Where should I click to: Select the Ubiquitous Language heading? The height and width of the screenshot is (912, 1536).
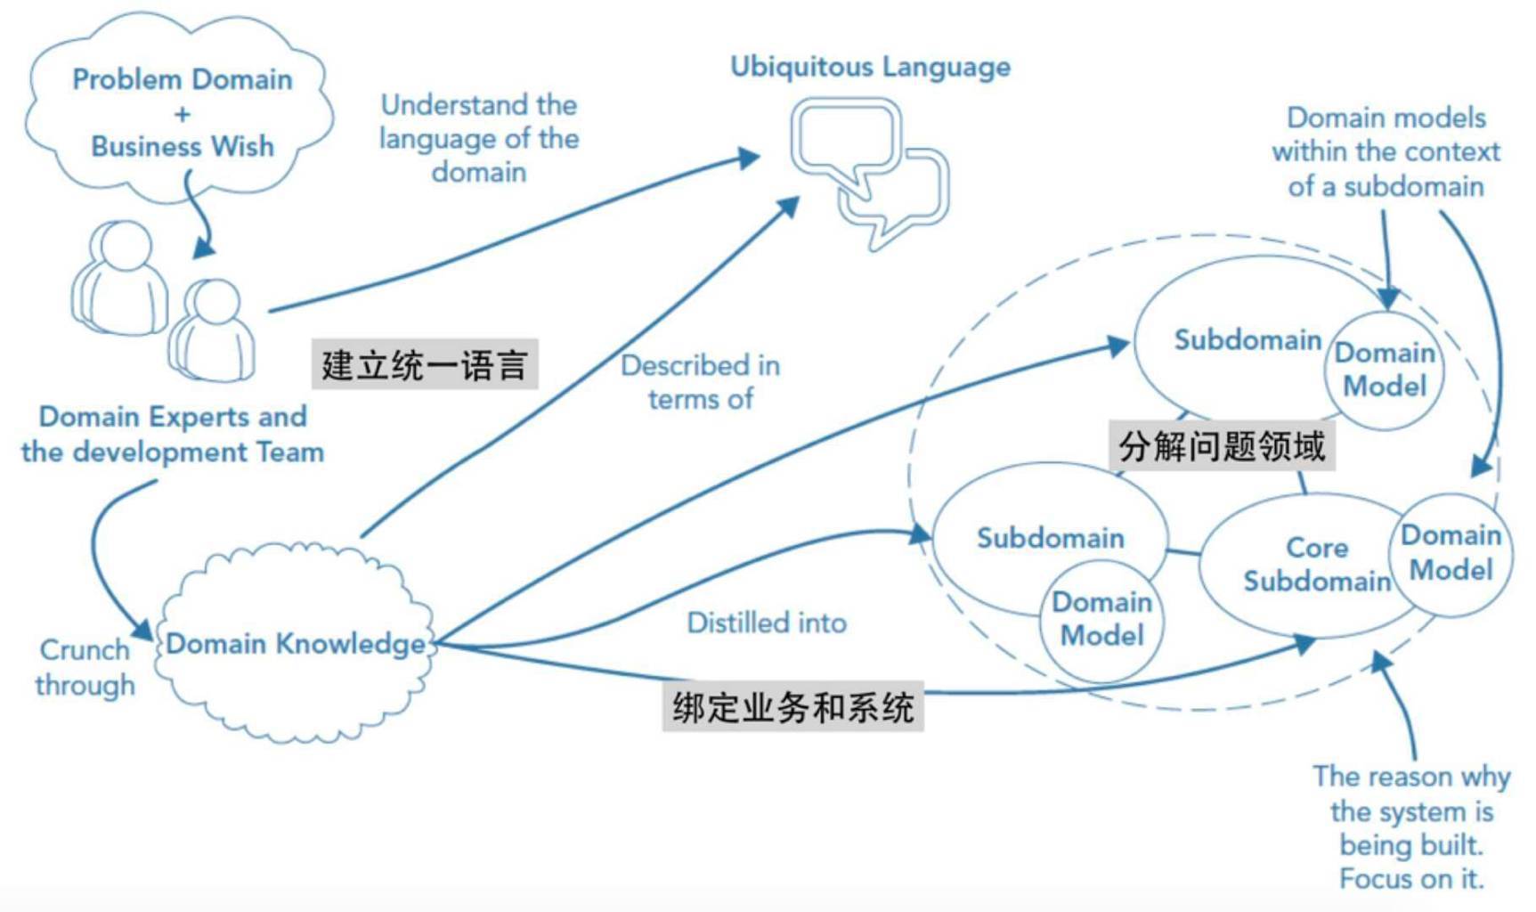click(x=870, y=67)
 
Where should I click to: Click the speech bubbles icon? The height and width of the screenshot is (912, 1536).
click(x=870, y=174)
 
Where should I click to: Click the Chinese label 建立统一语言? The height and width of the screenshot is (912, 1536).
click(x=425, y=364)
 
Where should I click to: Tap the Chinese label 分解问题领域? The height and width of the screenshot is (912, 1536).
click(x=1222, y=445)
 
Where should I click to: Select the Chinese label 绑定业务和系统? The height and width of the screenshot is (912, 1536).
click(x=792, y=707)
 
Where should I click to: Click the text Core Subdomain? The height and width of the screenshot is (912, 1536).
click(x=1317, y=564)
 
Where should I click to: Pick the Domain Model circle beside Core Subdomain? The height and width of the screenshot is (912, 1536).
click(x=1451, y=554)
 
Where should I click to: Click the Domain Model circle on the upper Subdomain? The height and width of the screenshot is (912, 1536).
click(x=1385, y=370)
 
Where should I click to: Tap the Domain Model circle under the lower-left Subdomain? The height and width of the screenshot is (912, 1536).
click(x=1102, y=620)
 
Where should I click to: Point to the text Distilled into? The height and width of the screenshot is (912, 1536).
click(x=767, y=623)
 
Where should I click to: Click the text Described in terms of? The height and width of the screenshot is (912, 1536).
click(x=701, y=382)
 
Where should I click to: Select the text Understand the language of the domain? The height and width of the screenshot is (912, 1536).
click(x=479, y=138)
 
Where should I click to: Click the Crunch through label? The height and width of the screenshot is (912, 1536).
click(x=85, y=667)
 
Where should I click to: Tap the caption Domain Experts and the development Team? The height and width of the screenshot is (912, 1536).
click(x=173, y=434)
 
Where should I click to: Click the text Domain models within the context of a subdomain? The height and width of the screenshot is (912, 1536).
click(x=1386, y=151)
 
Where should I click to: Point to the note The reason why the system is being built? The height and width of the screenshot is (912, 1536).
click(x=1411, y=826)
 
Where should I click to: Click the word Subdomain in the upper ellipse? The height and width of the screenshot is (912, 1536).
click(x=1247, y=339)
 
